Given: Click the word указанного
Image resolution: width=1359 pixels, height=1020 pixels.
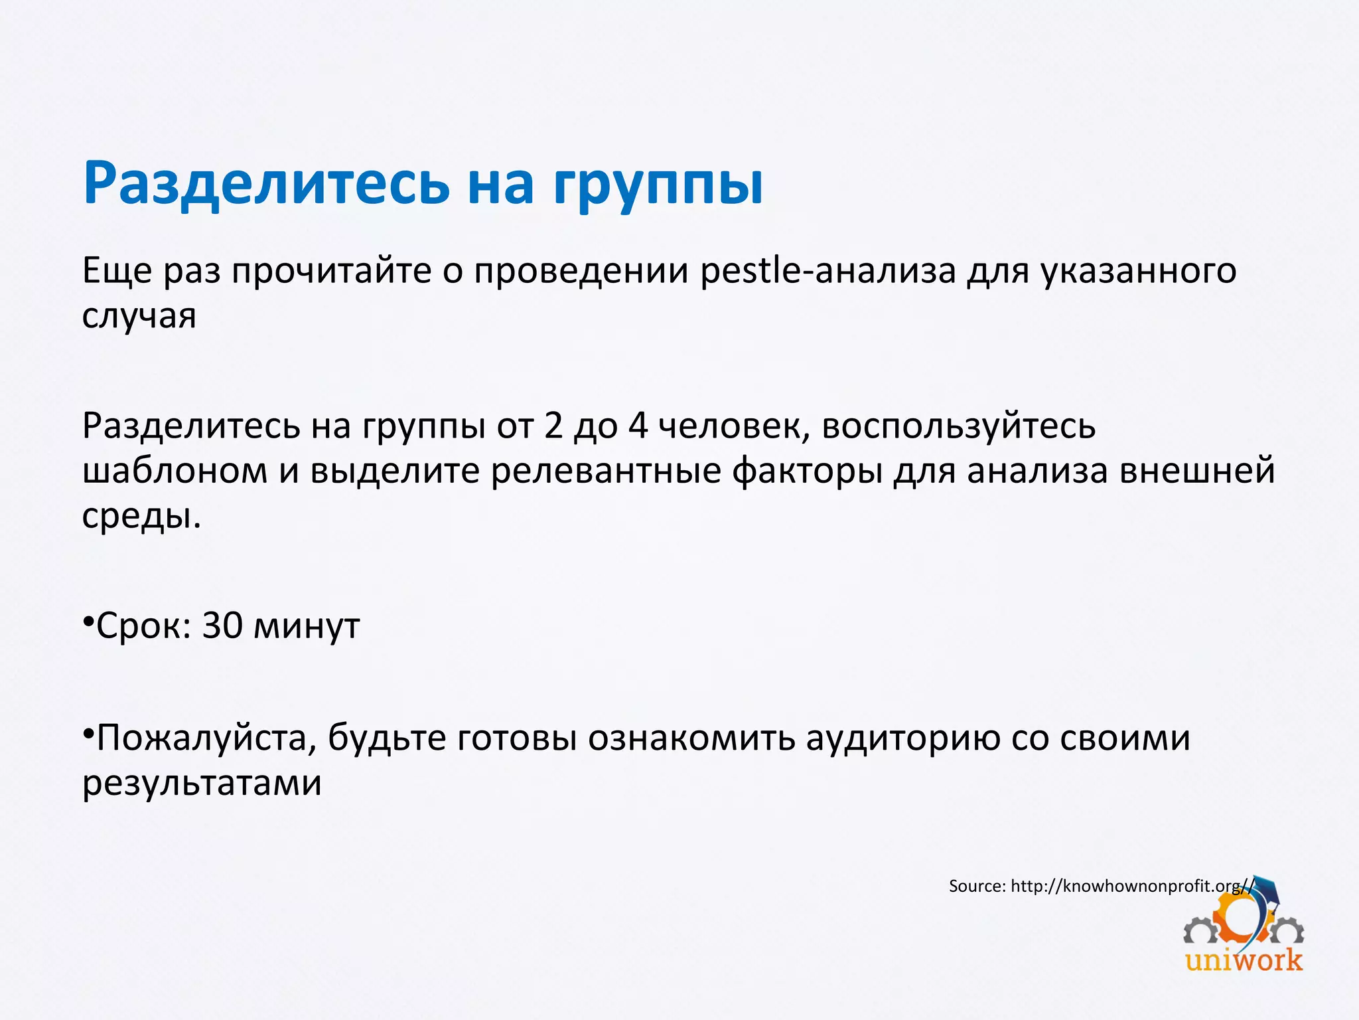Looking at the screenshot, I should pos(1138,272).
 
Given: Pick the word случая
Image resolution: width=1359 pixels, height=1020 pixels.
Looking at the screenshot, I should pos(139,316).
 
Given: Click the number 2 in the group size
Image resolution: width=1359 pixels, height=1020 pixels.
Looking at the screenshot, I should pos(553,426).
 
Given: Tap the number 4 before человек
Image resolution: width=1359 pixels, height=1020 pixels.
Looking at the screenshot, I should pos(638,426).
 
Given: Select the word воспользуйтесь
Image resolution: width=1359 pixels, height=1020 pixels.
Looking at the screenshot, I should pos(958,427).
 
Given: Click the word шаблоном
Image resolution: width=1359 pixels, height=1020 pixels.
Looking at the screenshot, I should pos(175,471).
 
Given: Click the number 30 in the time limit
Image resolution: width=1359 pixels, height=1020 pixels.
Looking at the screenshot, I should pos(222,626).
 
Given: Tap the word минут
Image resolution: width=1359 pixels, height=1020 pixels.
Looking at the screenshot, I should pos(307,627).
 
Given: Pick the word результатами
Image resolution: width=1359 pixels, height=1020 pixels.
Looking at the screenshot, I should pos(202,784).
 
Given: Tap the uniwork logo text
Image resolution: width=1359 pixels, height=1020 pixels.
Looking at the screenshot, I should pos(1244,960).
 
